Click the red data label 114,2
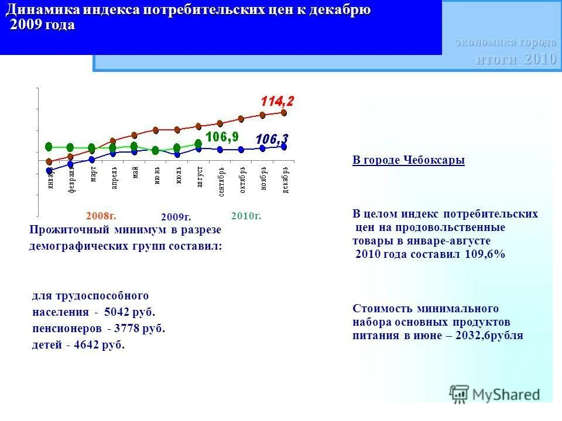click(x=277, y=101)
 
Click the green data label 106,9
click(x=221, y=137)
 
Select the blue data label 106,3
click(x=272, y=139)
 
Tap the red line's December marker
click(x=284, y=112)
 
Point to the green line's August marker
click(x=198, y=143)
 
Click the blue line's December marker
click(x=284, y=147)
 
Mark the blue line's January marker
click(x=49, y=171)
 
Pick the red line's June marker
click(x=156, y=130)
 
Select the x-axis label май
click(x=135, y=173)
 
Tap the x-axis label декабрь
click(x=285, y=180)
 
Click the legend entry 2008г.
click(x=97, y=216)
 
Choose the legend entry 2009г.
click(x=176, y=218)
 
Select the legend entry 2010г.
click(x=246, y=216)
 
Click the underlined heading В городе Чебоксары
click(x=408, y=160)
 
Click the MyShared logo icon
click(x=459, y=394)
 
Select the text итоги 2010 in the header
click(x=515, y=59)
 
